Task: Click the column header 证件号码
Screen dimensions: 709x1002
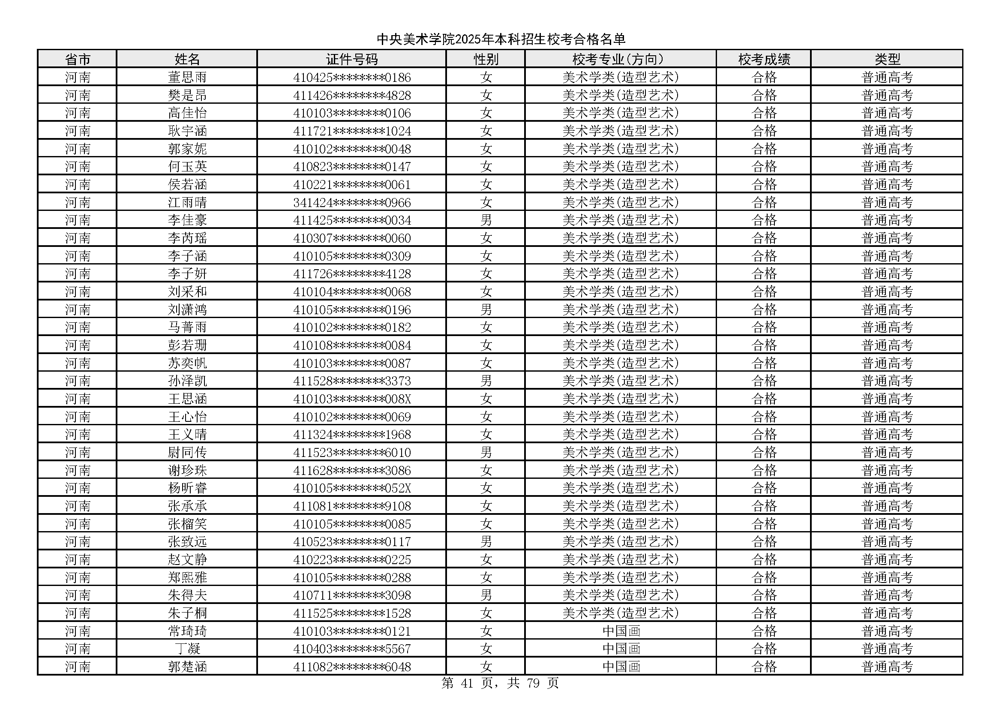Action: tap(352, 59)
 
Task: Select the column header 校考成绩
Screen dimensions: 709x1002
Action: tap(764, 59)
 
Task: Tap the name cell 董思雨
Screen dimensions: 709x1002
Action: tap(187, 77)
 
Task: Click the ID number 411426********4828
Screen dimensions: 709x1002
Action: tap(352, 95)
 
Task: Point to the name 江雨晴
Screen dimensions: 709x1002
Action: tap(187, 202)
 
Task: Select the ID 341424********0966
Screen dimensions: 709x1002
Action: tap(352, 202)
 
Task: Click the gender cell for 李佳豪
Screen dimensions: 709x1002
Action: tap(486, 220)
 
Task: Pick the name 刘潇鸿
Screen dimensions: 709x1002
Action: tap(187, 309)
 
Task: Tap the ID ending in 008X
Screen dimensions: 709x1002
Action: tap(352, 399)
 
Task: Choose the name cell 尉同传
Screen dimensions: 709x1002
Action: tap(187, 452)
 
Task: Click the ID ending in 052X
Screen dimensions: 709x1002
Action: tap(352, 488)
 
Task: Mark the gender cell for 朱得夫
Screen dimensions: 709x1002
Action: tap(486, 595)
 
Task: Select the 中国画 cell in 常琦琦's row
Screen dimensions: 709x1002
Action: tap(621, 631)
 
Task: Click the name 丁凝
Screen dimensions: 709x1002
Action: tap(187, 649)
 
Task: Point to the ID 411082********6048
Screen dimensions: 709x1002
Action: tap(352, 667)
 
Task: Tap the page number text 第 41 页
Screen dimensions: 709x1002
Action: tap(467, 683)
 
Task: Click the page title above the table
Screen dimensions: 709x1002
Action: tap(501, 39)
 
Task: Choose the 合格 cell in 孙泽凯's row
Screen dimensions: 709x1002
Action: tap(764, 381)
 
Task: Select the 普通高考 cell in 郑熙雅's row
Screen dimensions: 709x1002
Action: tap(887, 577)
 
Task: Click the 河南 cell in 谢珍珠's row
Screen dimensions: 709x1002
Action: tap(78, 470)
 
